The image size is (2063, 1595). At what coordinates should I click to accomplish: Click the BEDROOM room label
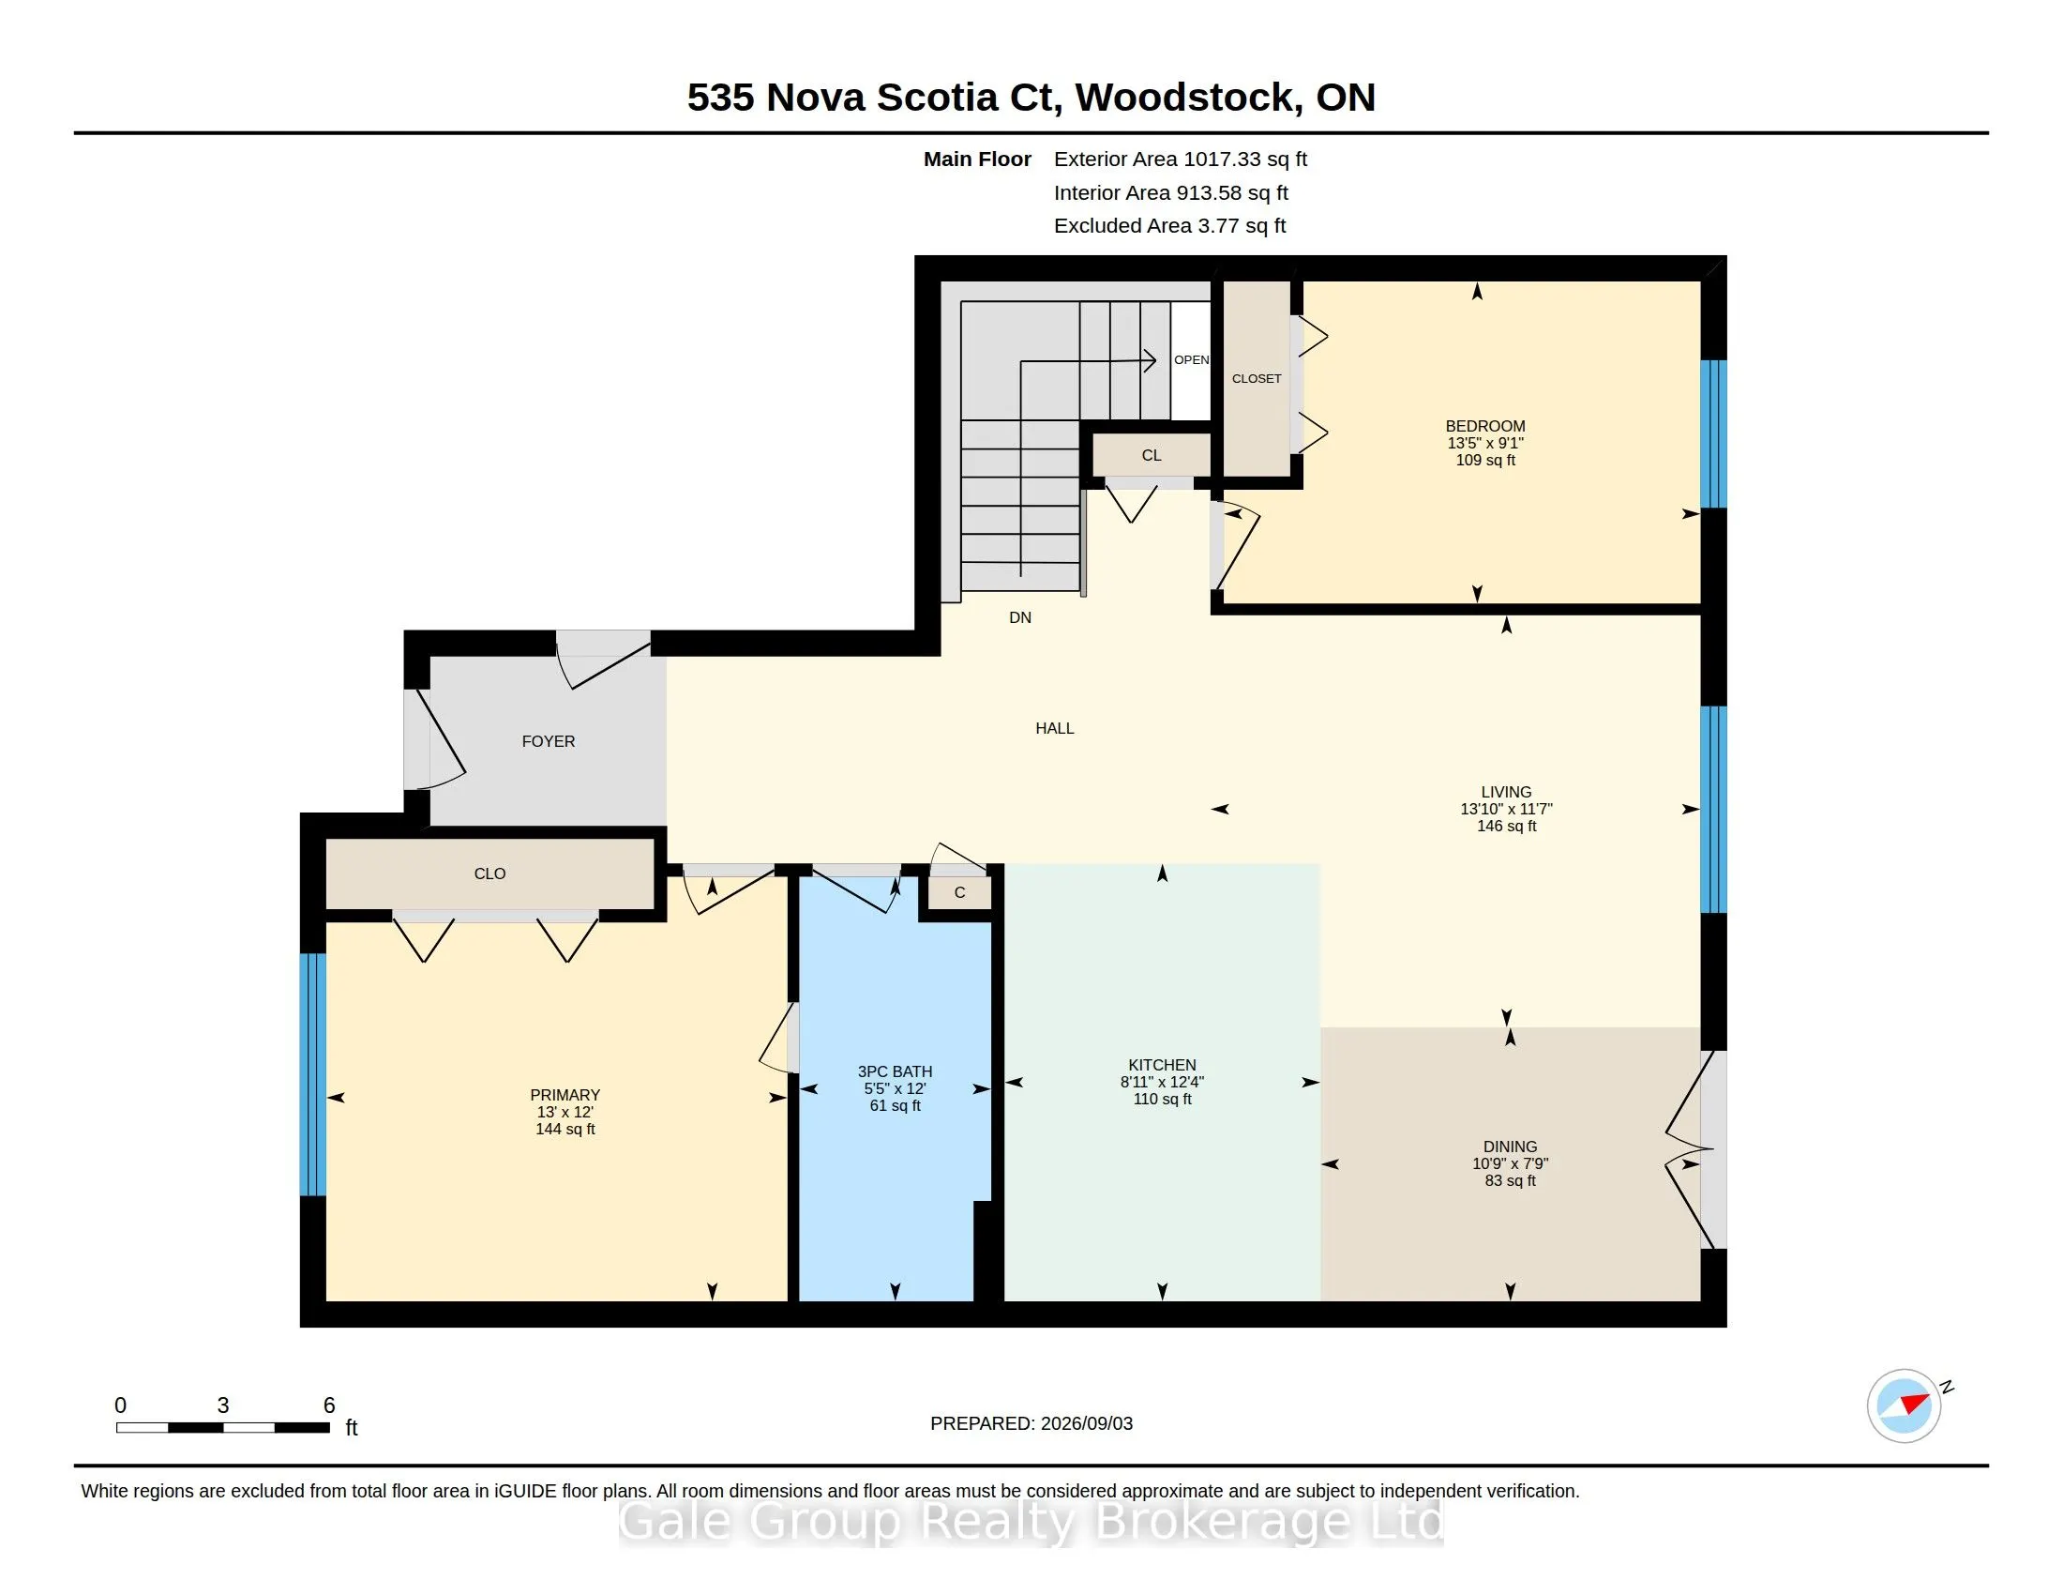tap(1485, 426)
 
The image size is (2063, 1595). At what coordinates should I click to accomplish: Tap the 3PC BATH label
tap(895, 1071)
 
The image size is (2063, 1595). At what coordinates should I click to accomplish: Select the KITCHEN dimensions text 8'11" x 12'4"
tap(1162, 1082)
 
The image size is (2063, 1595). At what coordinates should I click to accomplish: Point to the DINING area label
tap(1510, 1147)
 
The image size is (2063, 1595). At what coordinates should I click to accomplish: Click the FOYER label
tap(548, 742)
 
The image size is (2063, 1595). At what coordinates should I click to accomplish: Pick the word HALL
tap(1054, 728)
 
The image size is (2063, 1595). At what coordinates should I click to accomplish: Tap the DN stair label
tap(1020, 618)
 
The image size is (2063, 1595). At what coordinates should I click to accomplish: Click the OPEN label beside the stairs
tap(1191, 360)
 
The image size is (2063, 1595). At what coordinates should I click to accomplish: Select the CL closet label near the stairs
tap(1152, 455)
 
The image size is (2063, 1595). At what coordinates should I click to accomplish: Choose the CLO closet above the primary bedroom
tap(489, 874)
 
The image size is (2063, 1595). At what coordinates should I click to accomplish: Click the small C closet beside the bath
tap(959, 893)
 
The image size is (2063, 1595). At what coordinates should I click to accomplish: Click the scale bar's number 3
tap(223, 1405)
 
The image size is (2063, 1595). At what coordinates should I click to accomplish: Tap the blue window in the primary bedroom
tap(312, 1074)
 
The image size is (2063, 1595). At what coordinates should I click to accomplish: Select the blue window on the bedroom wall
tap(1713, 433)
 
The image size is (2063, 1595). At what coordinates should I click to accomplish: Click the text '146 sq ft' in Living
tap(1507, 826)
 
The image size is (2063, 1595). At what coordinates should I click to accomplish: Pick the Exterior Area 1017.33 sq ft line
tap(1181, 159)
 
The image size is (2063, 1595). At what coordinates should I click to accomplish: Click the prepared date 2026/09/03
tap(1086, 1424)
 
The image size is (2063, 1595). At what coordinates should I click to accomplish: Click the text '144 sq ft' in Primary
tap(565, 1129)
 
